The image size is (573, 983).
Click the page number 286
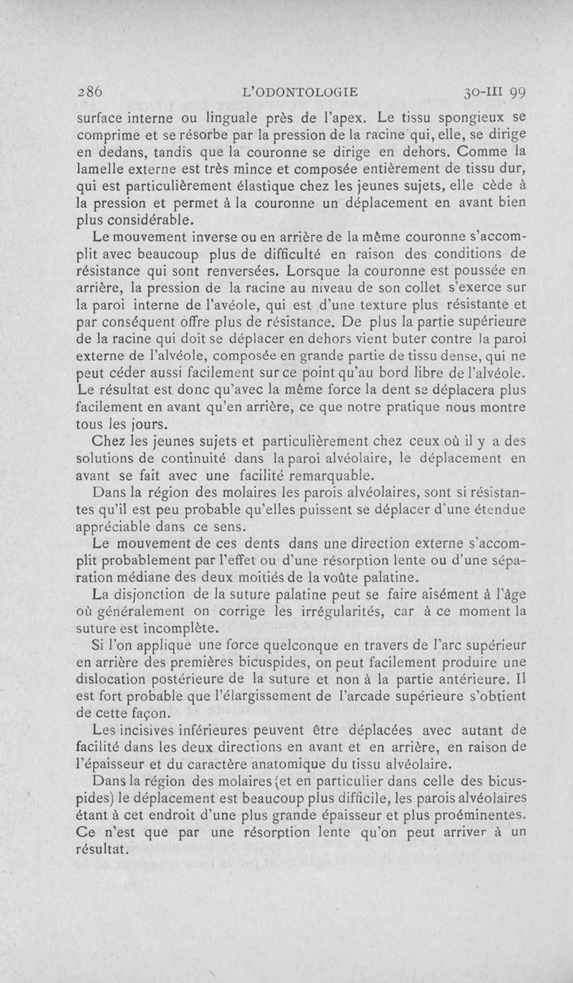pyautogui.click(x=91, y=92)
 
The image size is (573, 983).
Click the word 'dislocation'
pyautogui.click(x=112, y=681)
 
